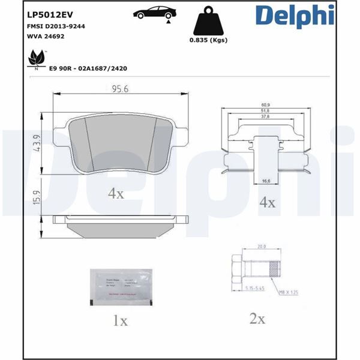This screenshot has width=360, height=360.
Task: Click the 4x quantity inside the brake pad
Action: click(115, 194)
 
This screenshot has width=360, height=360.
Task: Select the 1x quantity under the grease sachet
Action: click(120, 320)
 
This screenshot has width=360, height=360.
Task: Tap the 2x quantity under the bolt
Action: click(257, 319)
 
